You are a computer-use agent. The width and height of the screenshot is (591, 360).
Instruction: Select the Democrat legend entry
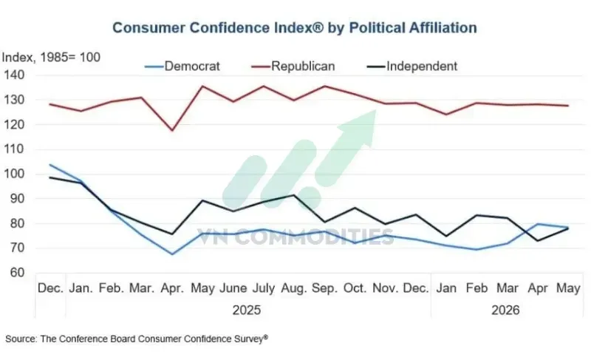coord(182,67)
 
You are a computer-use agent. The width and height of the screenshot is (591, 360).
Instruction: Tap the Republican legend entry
coord(293,67)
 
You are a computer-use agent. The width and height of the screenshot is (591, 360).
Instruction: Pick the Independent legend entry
coord(412,67)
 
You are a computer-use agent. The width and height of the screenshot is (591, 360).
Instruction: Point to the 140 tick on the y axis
coord(14,75)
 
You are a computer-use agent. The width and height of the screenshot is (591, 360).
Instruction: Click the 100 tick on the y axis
coord(14,174)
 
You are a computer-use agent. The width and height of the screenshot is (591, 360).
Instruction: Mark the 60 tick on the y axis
coord(15,273)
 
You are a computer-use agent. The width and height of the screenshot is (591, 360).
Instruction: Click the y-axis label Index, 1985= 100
coord(51,58)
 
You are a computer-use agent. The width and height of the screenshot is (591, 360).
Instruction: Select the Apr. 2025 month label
coord(172,288)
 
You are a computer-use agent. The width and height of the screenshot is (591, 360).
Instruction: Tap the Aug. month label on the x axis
coord(294,288)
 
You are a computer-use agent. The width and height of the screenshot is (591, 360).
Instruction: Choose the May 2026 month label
coord(568,288)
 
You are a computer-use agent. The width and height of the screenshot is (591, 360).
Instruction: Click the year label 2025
coord(247,310)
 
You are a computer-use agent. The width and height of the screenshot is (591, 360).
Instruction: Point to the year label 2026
coord(505,310)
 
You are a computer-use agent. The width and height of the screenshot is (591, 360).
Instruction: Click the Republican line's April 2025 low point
coord(172,130)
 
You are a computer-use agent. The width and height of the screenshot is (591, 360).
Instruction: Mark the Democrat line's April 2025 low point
coord(172,254)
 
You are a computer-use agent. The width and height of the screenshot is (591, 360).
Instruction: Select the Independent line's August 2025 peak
coord(294,195)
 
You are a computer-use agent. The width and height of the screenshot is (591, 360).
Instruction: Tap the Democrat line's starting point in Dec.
coord(50,165)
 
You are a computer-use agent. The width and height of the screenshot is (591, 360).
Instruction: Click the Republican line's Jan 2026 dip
coord(446,115)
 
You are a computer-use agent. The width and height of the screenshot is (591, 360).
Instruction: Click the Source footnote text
coord(137,339)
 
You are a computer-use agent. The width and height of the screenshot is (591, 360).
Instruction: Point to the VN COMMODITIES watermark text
coord(295,237)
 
